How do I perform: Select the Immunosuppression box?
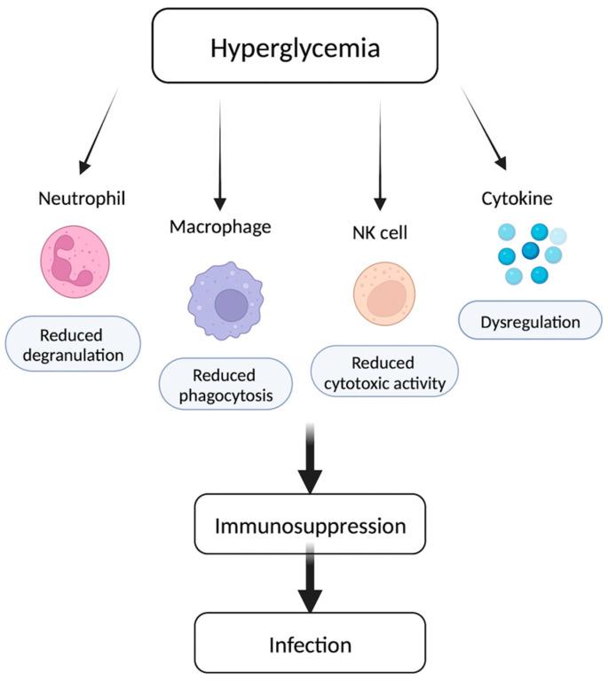pyautogui.click(x=310, y=526)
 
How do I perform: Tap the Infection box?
pyautogui.click(x=310, y=643)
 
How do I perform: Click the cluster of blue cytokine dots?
pyautogui.click(x=531, y=253)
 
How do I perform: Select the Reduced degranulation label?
pyautogui.click(x=75, y=345)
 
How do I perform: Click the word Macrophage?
pyautogui.click(x=220, y=227)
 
